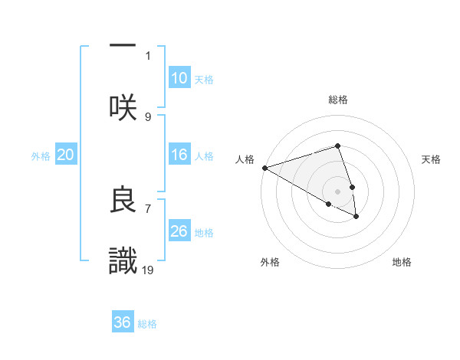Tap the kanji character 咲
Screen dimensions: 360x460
click(x=123, y=106)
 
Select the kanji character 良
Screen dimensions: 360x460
click(x=123, y=200)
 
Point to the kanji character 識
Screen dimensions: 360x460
click(x=123, y=261)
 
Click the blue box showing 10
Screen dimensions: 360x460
click(x=179, y=78)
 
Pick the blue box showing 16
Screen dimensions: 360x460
click(x=179, y=155)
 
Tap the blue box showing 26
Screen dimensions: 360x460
click(x=179, y=231)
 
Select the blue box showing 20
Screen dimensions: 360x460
click(x=66, y=155)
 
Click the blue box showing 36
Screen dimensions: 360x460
click(x=123, y=322)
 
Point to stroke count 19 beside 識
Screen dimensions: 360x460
click(x=148, y=270)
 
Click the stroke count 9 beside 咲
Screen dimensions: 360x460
click(x=148, y=116)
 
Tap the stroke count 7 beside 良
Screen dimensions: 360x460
click(x=148, y=208)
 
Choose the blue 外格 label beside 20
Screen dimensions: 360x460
click(x=41, y=156)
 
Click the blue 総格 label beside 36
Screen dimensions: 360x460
click(x=147, y=324)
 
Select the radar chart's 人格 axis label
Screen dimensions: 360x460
click(x=245, y=159)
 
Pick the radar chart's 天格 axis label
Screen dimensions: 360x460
click(x=431, y=159)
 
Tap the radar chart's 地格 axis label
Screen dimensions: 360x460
click(x=402, y=262)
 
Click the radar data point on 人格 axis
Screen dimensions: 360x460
click(x=264, y=168)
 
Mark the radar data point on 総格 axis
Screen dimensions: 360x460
click(x=337, y=146)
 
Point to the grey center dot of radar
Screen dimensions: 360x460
click(x=337, y=191)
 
